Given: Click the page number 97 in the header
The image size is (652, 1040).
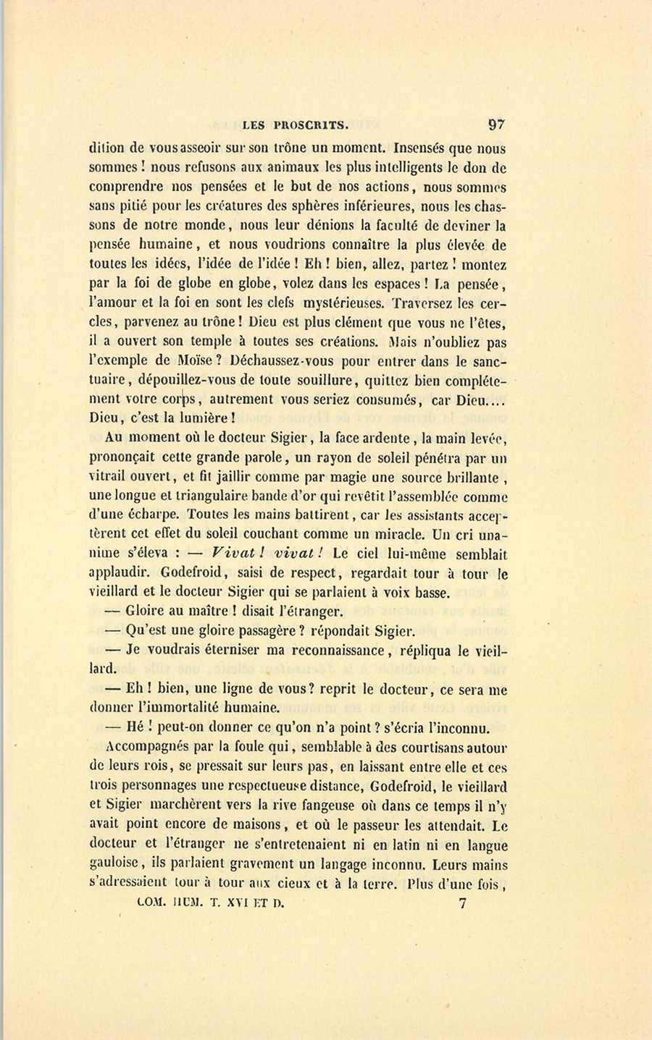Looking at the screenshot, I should click(x=496, y=124).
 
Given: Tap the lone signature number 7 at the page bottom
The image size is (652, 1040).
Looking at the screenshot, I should click(x=463, y=902).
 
